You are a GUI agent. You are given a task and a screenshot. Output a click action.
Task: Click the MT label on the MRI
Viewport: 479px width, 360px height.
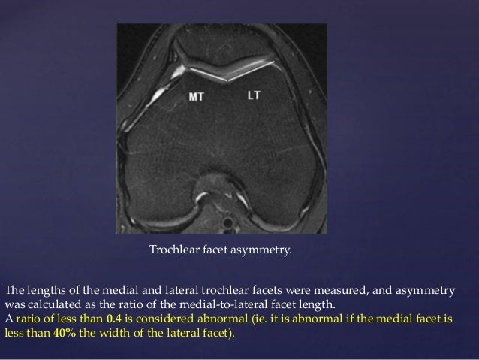(x=196, y=96)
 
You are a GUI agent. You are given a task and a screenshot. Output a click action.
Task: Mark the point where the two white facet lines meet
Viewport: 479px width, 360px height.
(x=226, y=80)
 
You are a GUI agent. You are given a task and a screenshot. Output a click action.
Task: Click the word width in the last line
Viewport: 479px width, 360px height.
(x=112, y=332)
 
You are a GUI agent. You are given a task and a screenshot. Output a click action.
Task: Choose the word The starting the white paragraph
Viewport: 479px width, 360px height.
(x=14, y=292)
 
